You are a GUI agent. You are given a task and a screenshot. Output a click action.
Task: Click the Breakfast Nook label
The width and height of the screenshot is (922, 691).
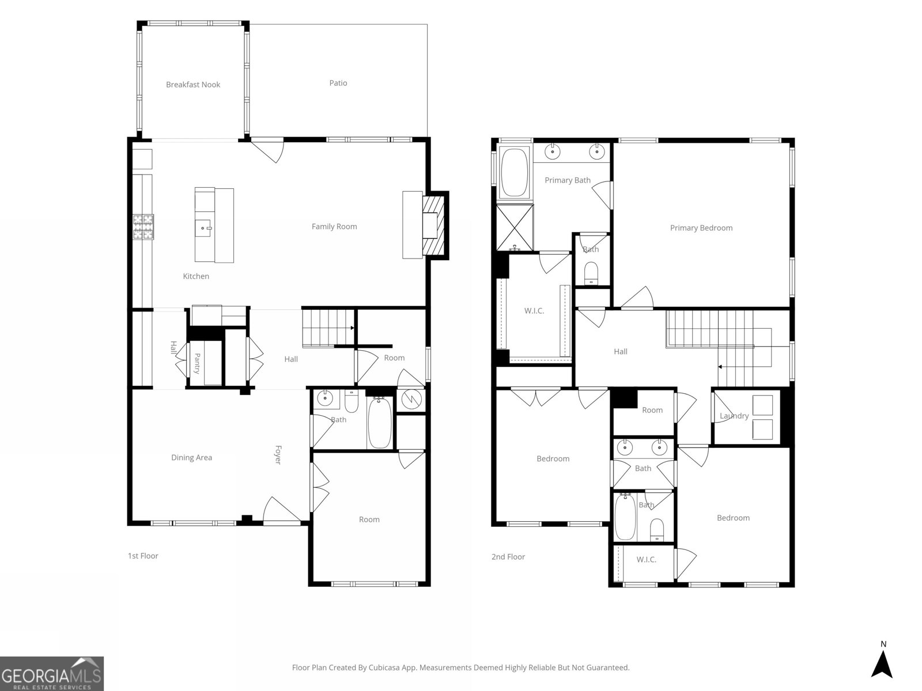[193, 85]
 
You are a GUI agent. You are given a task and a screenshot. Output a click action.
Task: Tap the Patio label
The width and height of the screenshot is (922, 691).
[338, 83]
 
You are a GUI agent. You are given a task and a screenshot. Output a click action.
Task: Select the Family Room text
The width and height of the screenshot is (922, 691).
[334, 226]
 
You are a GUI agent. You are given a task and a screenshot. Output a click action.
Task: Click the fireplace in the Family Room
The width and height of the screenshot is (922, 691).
[433, 226]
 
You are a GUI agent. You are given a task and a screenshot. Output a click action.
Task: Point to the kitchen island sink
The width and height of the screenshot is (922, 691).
[204, 228]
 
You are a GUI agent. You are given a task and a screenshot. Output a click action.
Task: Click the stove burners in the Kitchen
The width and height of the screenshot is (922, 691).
[143, 227]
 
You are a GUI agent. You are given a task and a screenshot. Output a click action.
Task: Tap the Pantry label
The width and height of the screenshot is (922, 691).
[197, 363]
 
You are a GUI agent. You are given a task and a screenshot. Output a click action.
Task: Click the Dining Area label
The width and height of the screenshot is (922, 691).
[191, 458]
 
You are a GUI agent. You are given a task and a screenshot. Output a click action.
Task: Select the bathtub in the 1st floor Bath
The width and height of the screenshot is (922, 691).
[380, 423]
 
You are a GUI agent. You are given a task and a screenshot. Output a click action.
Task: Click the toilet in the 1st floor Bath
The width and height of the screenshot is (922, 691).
[352, 401]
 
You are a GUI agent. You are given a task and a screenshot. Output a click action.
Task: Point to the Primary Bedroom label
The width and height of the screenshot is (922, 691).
[701, 228]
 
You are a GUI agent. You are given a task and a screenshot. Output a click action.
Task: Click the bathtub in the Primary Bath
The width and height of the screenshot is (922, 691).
[514, 172]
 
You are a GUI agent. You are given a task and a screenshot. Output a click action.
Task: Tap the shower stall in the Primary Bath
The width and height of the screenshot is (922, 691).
[515, 228]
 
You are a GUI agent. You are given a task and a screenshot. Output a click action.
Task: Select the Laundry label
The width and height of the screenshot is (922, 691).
[734, 416]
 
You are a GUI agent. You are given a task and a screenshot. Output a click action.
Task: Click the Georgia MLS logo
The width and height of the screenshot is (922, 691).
[52, 674]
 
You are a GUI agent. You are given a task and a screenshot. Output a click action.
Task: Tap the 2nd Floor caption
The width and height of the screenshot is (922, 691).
[508, 557]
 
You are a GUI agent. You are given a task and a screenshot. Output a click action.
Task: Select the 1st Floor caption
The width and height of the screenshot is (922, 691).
[143, 556]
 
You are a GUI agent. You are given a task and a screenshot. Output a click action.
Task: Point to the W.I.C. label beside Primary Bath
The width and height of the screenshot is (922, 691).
[534, 311]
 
